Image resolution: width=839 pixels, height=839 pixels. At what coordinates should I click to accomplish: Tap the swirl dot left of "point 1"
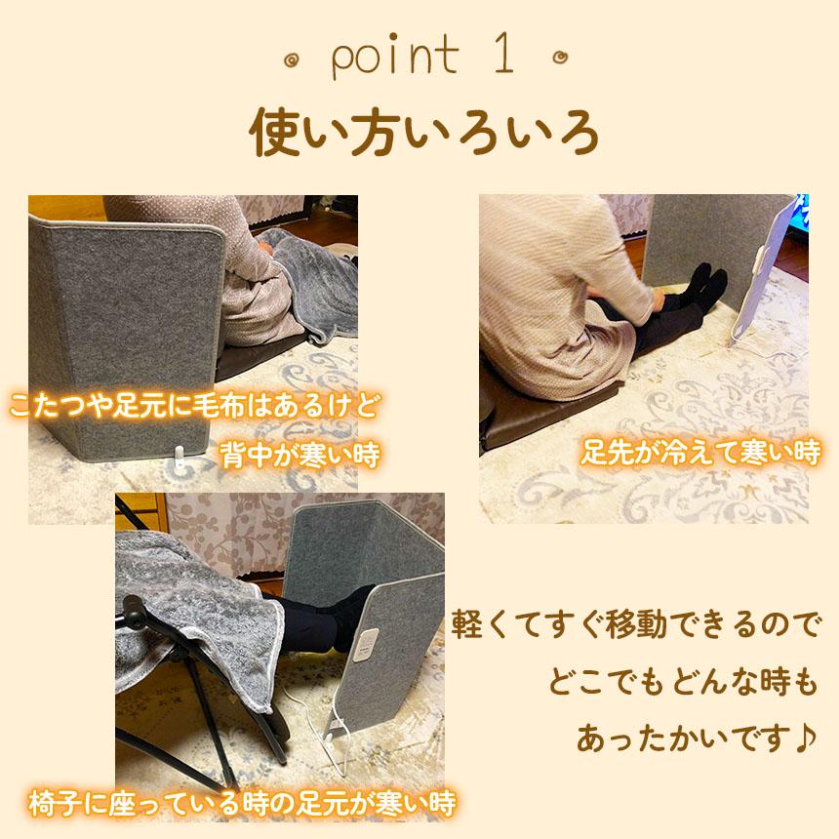[x=290, y=60]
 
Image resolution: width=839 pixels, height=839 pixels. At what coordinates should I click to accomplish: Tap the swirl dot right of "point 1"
[x=561, y=59]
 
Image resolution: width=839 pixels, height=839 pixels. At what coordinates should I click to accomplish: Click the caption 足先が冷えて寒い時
[x=699, y=454]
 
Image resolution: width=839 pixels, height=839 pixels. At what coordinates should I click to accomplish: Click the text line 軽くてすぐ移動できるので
[x=638, y=625]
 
